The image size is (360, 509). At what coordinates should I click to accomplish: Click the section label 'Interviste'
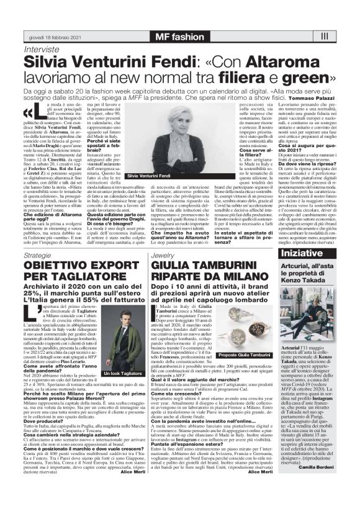click(x=41, y=49)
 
